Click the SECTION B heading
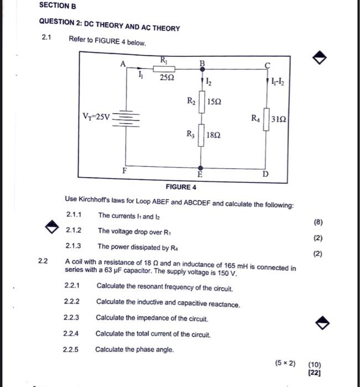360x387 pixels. (x=58, y=6)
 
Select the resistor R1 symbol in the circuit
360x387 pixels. (x=164, y=69)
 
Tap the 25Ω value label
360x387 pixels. (x=166, y=79)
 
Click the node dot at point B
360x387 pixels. (x=201, y=69)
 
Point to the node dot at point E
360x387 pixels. (x=200, y=167)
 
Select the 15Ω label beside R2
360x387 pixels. (x=215, y=102)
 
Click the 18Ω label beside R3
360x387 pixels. (x=215, y=135)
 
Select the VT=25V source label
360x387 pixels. (x=96, y=117)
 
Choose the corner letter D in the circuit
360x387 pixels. (x=265, y=175)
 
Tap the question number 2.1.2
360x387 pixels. (x=74, y=230)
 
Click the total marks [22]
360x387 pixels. (x=315, y=373)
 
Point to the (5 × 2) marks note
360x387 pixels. (x=285, y=363)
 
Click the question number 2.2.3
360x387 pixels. (x=72, y=318)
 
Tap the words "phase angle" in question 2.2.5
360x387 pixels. (x=158, y=349)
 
